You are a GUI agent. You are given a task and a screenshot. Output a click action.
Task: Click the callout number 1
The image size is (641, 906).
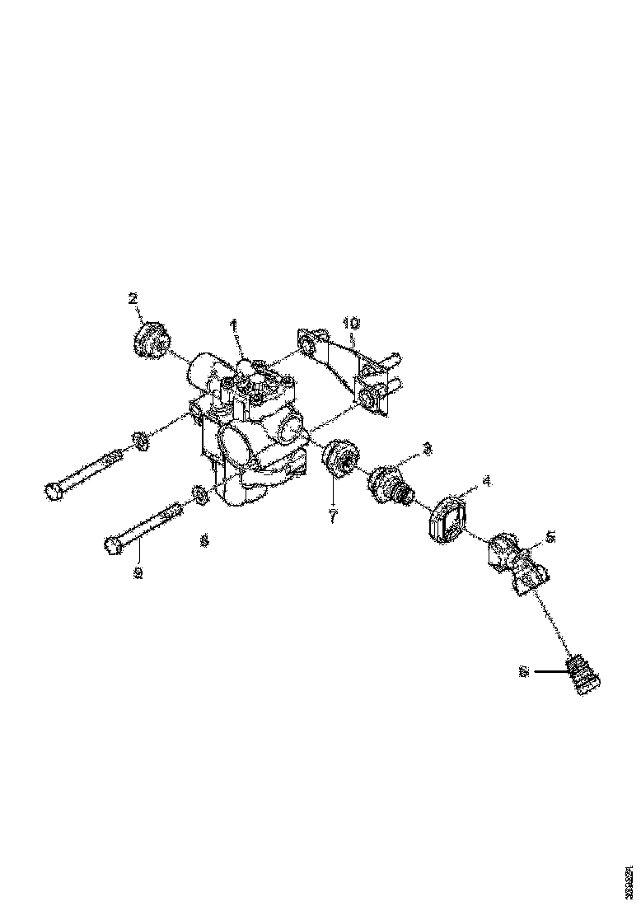click(x=233, y=326)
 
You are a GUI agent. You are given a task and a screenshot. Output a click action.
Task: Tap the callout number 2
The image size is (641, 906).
click(x=133, y=298)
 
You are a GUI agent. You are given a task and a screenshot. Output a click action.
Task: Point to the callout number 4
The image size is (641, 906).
click(x=486, y=479)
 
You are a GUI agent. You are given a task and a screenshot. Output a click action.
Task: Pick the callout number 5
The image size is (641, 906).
click(x=551, y=536)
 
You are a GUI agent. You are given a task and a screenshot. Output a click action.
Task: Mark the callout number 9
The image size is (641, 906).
click(x=138, y=572)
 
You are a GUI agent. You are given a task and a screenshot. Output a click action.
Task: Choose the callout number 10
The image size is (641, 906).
click(x=352, y=323)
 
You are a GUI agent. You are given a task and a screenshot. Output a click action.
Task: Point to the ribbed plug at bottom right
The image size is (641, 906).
click(x=583, y=675)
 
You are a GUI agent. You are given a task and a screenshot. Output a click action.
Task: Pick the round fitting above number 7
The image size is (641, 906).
click(x=339, y=459)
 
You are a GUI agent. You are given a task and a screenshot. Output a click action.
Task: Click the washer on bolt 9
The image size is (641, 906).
click(x=199, y=495)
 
